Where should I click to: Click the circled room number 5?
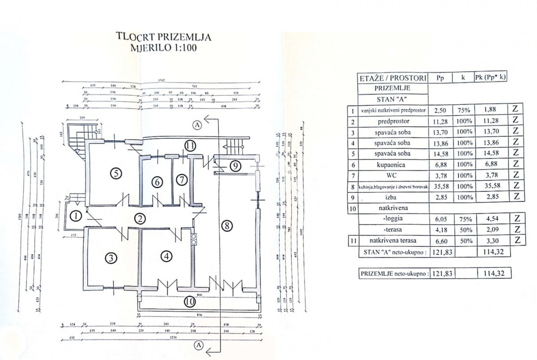click(115, 173)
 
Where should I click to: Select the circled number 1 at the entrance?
click(77, 217)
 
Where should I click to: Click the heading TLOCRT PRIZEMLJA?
click(163, 36)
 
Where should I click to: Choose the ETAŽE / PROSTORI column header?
click(392, 78)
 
